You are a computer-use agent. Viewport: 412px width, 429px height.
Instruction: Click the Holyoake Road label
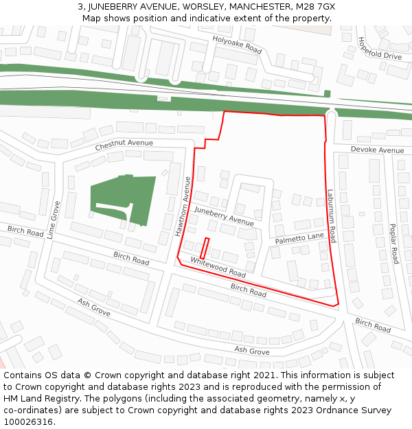coord(238,45)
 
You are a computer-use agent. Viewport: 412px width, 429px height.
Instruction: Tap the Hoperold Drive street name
coord(379,47)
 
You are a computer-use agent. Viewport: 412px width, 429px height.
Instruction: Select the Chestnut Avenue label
coord(124,143)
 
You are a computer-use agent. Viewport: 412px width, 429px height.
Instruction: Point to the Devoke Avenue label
coord(377,150)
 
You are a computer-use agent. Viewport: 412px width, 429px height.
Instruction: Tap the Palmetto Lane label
coord(299,238)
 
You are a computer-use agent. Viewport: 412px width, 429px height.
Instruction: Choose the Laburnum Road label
coord(331,216)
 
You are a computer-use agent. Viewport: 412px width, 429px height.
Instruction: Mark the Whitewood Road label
coord(218,267)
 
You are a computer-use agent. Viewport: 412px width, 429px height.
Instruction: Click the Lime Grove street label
coord(54,218)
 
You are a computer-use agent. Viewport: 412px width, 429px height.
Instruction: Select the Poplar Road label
coord(393,244)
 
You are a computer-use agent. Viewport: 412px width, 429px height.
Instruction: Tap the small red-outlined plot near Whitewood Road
coord(205,247)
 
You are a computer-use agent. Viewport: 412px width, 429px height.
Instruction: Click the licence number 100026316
coord(28,421)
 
